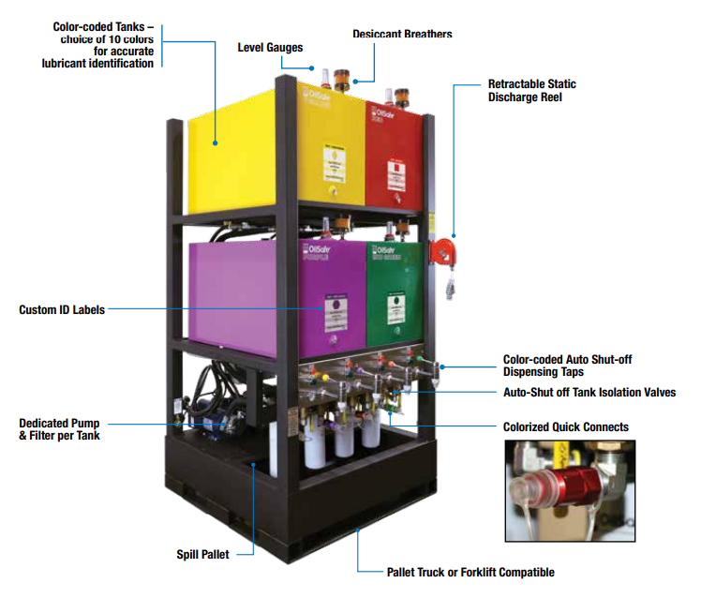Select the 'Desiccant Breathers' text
coord(402,34)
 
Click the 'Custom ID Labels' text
coord(62,309)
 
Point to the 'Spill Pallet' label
coord(202,553)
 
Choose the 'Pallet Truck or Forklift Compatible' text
coord(470,572)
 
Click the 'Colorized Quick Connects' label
coord(565,426)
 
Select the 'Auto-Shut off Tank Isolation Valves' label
coord(589,393)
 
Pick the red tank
coord(394,155)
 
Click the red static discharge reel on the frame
coord(442,251)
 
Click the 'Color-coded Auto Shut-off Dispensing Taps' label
coord(573,365)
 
